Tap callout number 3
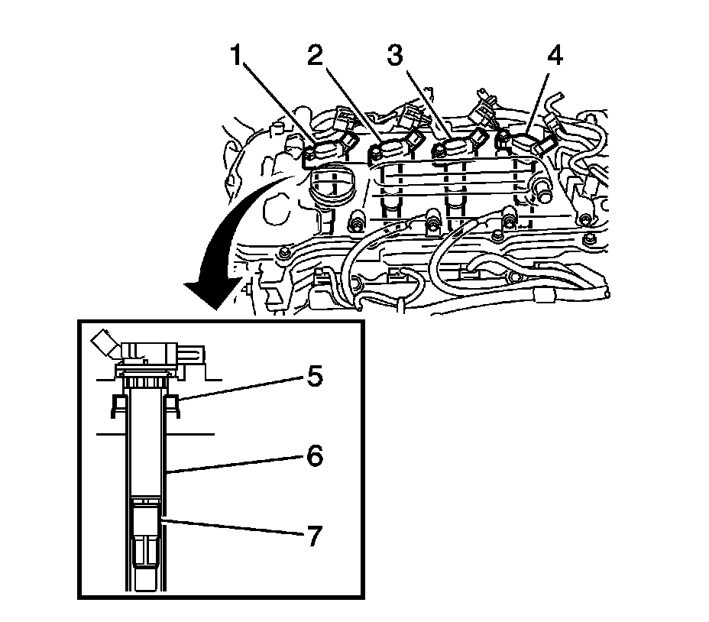[x=395, y=57]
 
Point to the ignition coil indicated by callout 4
[x=527, y=143]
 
